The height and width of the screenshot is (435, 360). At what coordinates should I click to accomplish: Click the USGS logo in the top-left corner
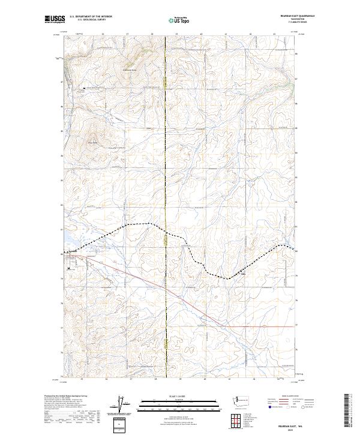(x=55, y=19)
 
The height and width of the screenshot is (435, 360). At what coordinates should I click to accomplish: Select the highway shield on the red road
(x=263, y=326)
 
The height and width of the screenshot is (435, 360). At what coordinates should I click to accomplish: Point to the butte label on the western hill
(x=93, y=142)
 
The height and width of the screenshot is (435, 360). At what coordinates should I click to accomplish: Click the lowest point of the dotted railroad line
(x=228, y=278)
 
